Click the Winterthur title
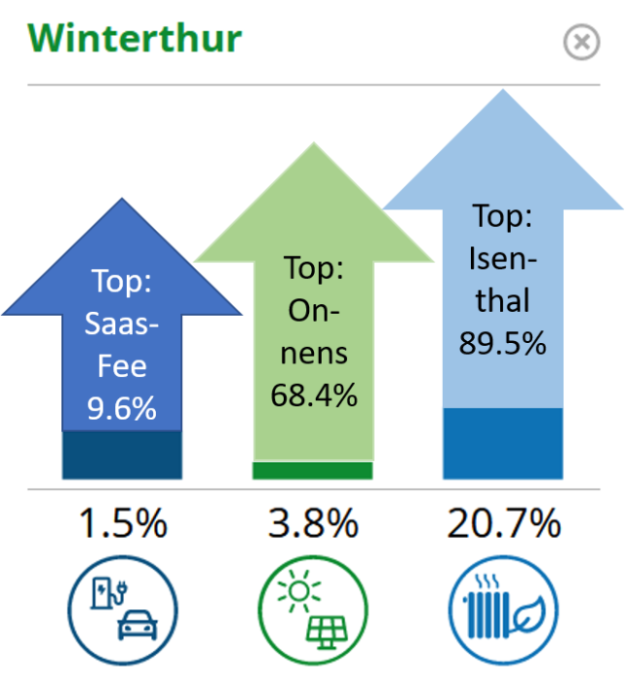click(135, 38)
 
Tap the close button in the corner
click(581, 42)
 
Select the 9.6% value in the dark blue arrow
click(122, 408)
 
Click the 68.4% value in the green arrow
click(314, 395)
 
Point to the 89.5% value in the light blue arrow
click(502, 343)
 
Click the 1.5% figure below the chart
click(123, 523)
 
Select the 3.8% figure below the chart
click(313, 523)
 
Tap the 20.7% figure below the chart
click(503, 523)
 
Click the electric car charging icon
click(123, 610)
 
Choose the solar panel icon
click(313, 610)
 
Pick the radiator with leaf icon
click(503, 610)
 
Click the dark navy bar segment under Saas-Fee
click(122, 455)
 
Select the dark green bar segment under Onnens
click(312, 471)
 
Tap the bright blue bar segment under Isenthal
click(502, 444)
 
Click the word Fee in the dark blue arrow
click(122, 366)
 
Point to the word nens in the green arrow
click(314, 354)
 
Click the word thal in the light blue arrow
click(502, 300)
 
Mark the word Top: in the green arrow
click(314, 267)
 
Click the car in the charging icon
click(137, 626)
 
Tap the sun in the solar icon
click(299, 591)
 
